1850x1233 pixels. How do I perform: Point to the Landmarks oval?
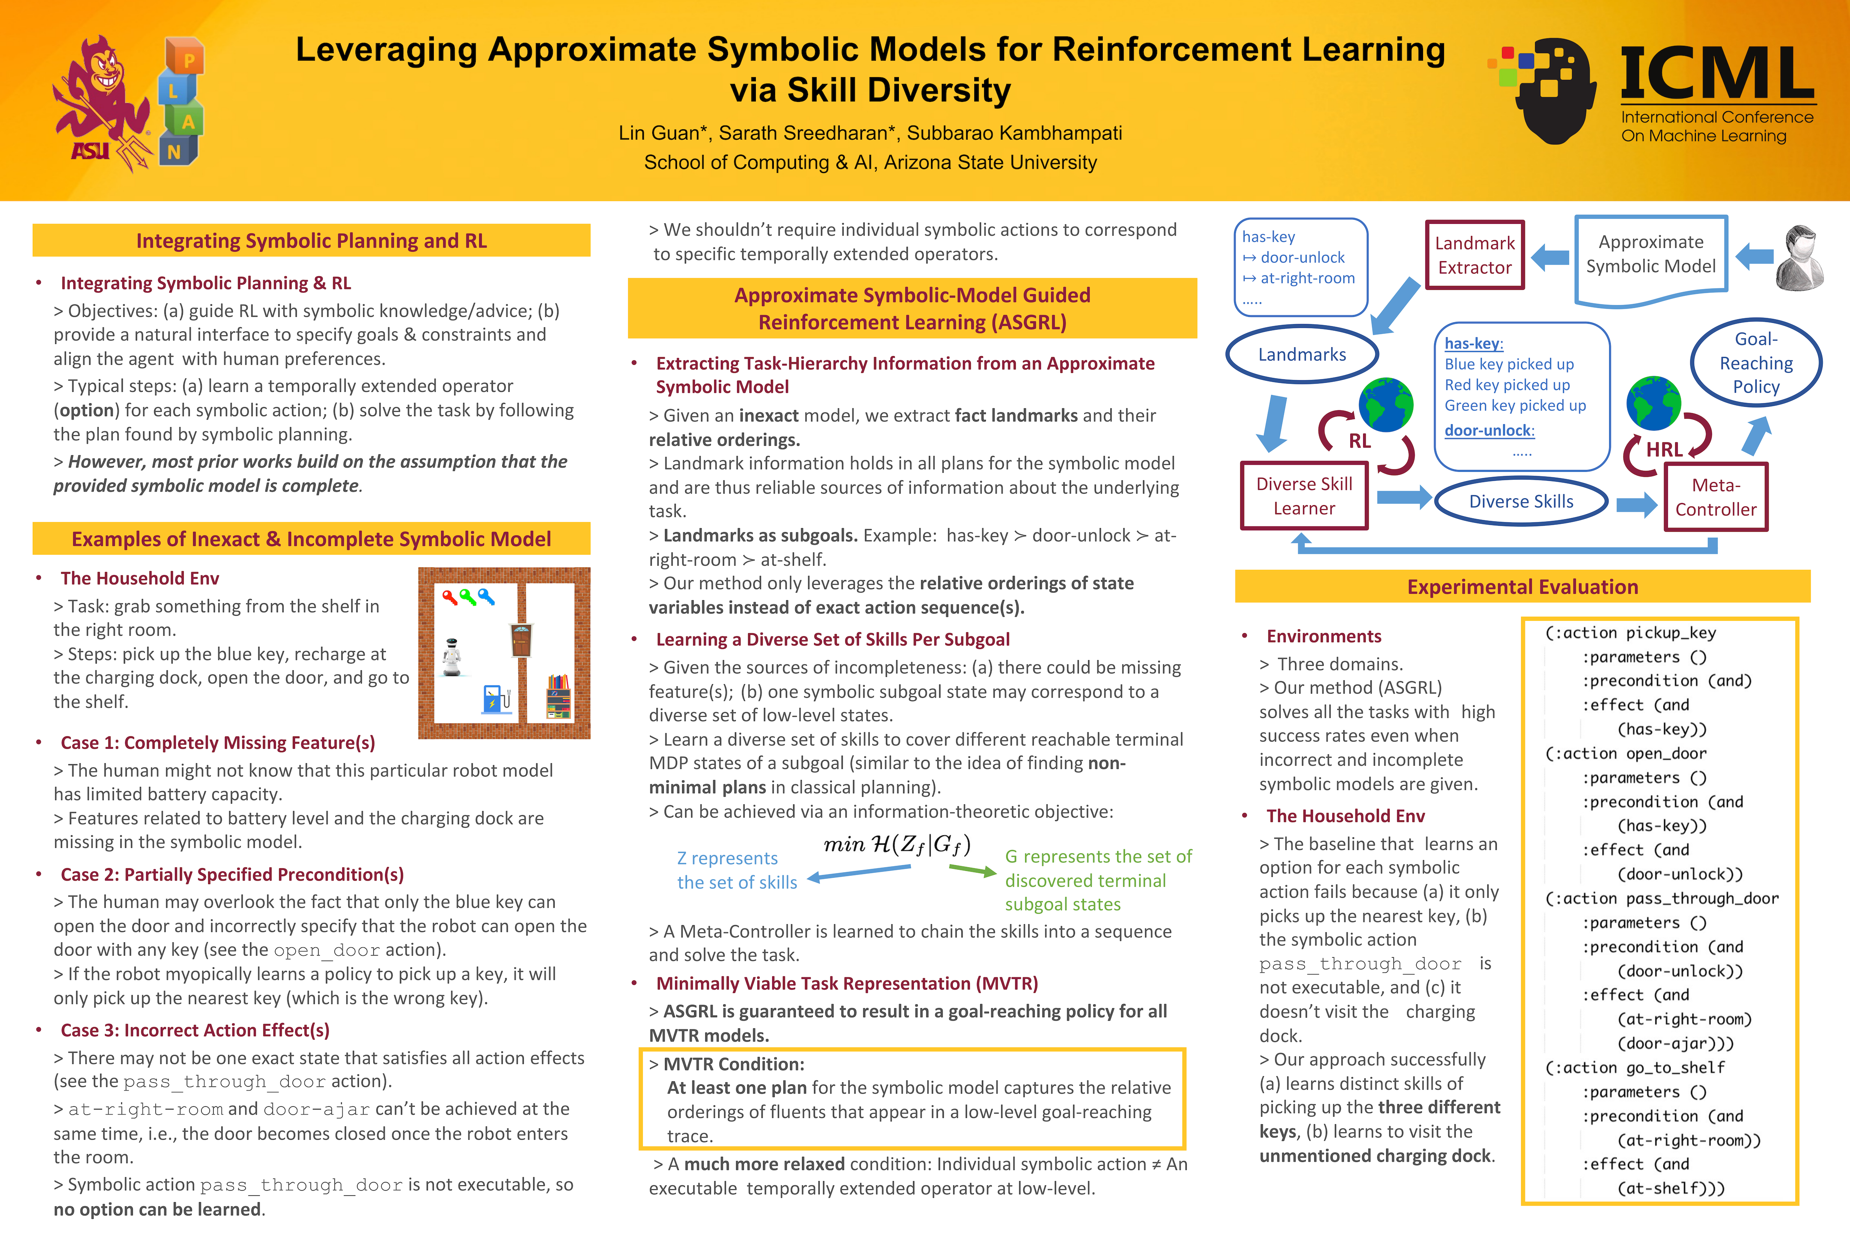[1302, 354]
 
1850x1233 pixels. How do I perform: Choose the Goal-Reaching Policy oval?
[1756, 363]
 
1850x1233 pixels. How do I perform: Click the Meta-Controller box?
[1716, 497]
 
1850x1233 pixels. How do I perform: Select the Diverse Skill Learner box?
[1304, 496]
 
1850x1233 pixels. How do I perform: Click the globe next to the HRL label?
[1653, 402]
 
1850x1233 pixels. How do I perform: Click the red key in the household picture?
[449, 598]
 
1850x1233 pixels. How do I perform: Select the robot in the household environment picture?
[451, 657]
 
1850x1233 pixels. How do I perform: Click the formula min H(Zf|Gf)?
[897, 845]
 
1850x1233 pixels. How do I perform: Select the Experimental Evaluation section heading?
[1522, 587]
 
